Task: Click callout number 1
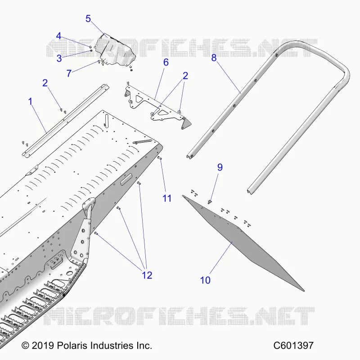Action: tap(30, 101)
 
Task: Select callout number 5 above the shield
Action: tap(88, 18)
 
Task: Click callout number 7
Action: tap(69, 73)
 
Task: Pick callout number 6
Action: tap(166, 62)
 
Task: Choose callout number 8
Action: tap(214, 58)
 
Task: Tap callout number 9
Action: tap(220, 167)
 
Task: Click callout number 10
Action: tap(205, 280)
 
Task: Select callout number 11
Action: tap(167, 198)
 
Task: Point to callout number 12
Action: tap(147, 275)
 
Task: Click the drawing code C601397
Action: tap(293, 345)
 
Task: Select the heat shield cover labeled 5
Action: tap(115, 50)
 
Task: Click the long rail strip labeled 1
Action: tap(65, 121)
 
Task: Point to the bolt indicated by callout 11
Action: tap(159, 158)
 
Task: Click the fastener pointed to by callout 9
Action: tap(210, 202)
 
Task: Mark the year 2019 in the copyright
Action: tap(43, 345)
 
